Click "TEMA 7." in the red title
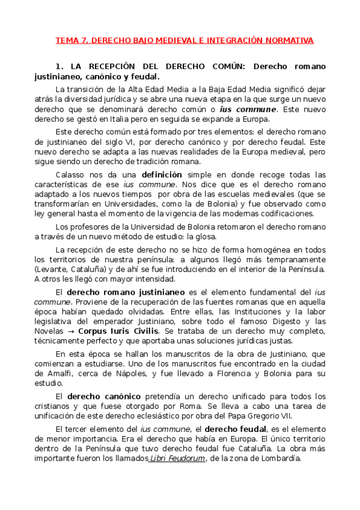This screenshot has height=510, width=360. click(72, 40)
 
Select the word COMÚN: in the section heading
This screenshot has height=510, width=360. click(228, 67)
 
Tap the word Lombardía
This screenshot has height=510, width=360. click(279, 458)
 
